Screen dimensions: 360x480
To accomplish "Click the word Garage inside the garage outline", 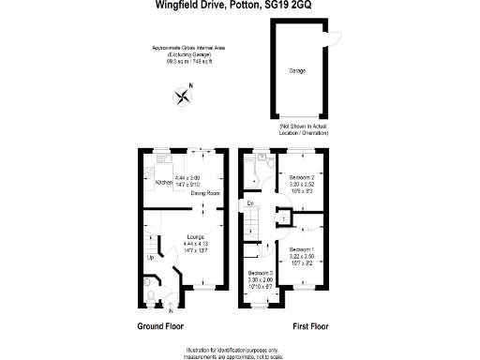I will tap(297, 70).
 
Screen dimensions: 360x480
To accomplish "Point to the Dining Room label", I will tap(205, 193).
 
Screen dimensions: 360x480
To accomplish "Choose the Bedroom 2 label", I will tap(302, 177).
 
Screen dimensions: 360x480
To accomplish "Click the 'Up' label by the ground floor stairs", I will tap(149, 257).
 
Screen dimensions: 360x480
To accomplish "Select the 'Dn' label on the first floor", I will tap(250, 203).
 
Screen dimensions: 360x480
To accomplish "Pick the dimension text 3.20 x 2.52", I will tap(302, 185).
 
